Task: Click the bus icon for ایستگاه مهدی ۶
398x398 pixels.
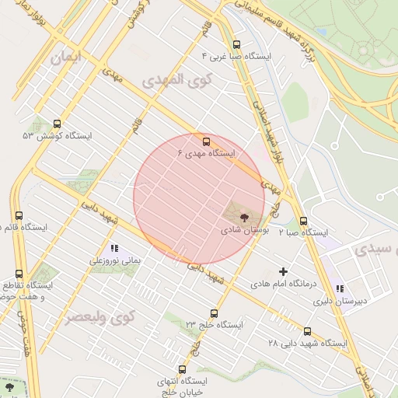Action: pyautogui.click(x=206, y=141)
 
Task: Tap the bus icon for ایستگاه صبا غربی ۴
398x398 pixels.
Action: pyautogui.click(x=236, y=44)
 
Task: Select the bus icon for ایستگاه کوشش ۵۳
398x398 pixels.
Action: pyautogui.click(x=57, y=124)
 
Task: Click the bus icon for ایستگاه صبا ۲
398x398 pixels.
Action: pyautogui.click(x=303, y=221)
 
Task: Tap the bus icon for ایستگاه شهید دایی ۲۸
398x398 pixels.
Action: pyautogui.click(x=308, y=331)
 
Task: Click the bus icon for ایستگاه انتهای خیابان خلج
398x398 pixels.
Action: pyautogui.click(x=183, y=370)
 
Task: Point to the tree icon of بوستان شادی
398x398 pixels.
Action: pyautogui.click(x=245, y=218)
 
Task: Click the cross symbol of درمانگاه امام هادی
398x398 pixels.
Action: pyautogui.click(x=283, y=272)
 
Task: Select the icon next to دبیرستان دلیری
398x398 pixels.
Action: pyautogui.click(x=340, y=288)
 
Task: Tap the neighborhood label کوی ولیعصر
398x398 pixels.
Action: pyautogui.click(x=100, y=317)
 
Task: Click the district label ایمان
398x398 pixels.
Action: pyautogui.click(x=66, y=58)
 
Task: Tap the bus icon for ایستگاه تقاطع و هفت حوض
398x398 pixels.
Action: pyautogui.click(x=19, y=274)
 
